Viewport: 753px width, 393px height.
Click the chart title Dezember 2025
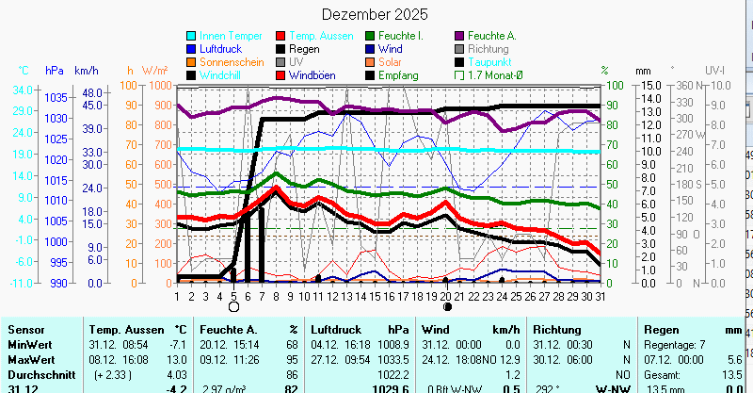pos(375,15)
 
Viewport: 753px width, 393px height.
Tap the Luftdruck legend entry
pos(222,49)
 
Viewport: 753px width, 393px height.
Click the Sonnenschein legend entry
pos(231,62)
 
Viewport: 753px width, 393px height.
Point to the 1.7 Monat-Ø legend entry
pos(496,75)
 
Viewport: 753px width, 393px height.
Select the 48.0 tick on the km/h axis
pos(91,93)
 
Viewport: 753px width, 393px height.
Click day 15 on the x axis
pos(375,296)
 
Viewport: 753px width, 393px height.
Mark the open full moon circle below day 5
pos(233,306)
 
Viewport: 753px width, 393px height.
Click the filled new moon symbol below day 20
pos(447,306)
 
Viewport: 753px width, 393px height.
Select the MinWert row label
pos(27,345)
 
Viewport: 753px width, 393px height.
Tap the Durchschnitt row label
pos(36,374)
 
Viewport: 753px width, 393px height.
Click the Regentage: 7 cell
pos(674,345)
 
